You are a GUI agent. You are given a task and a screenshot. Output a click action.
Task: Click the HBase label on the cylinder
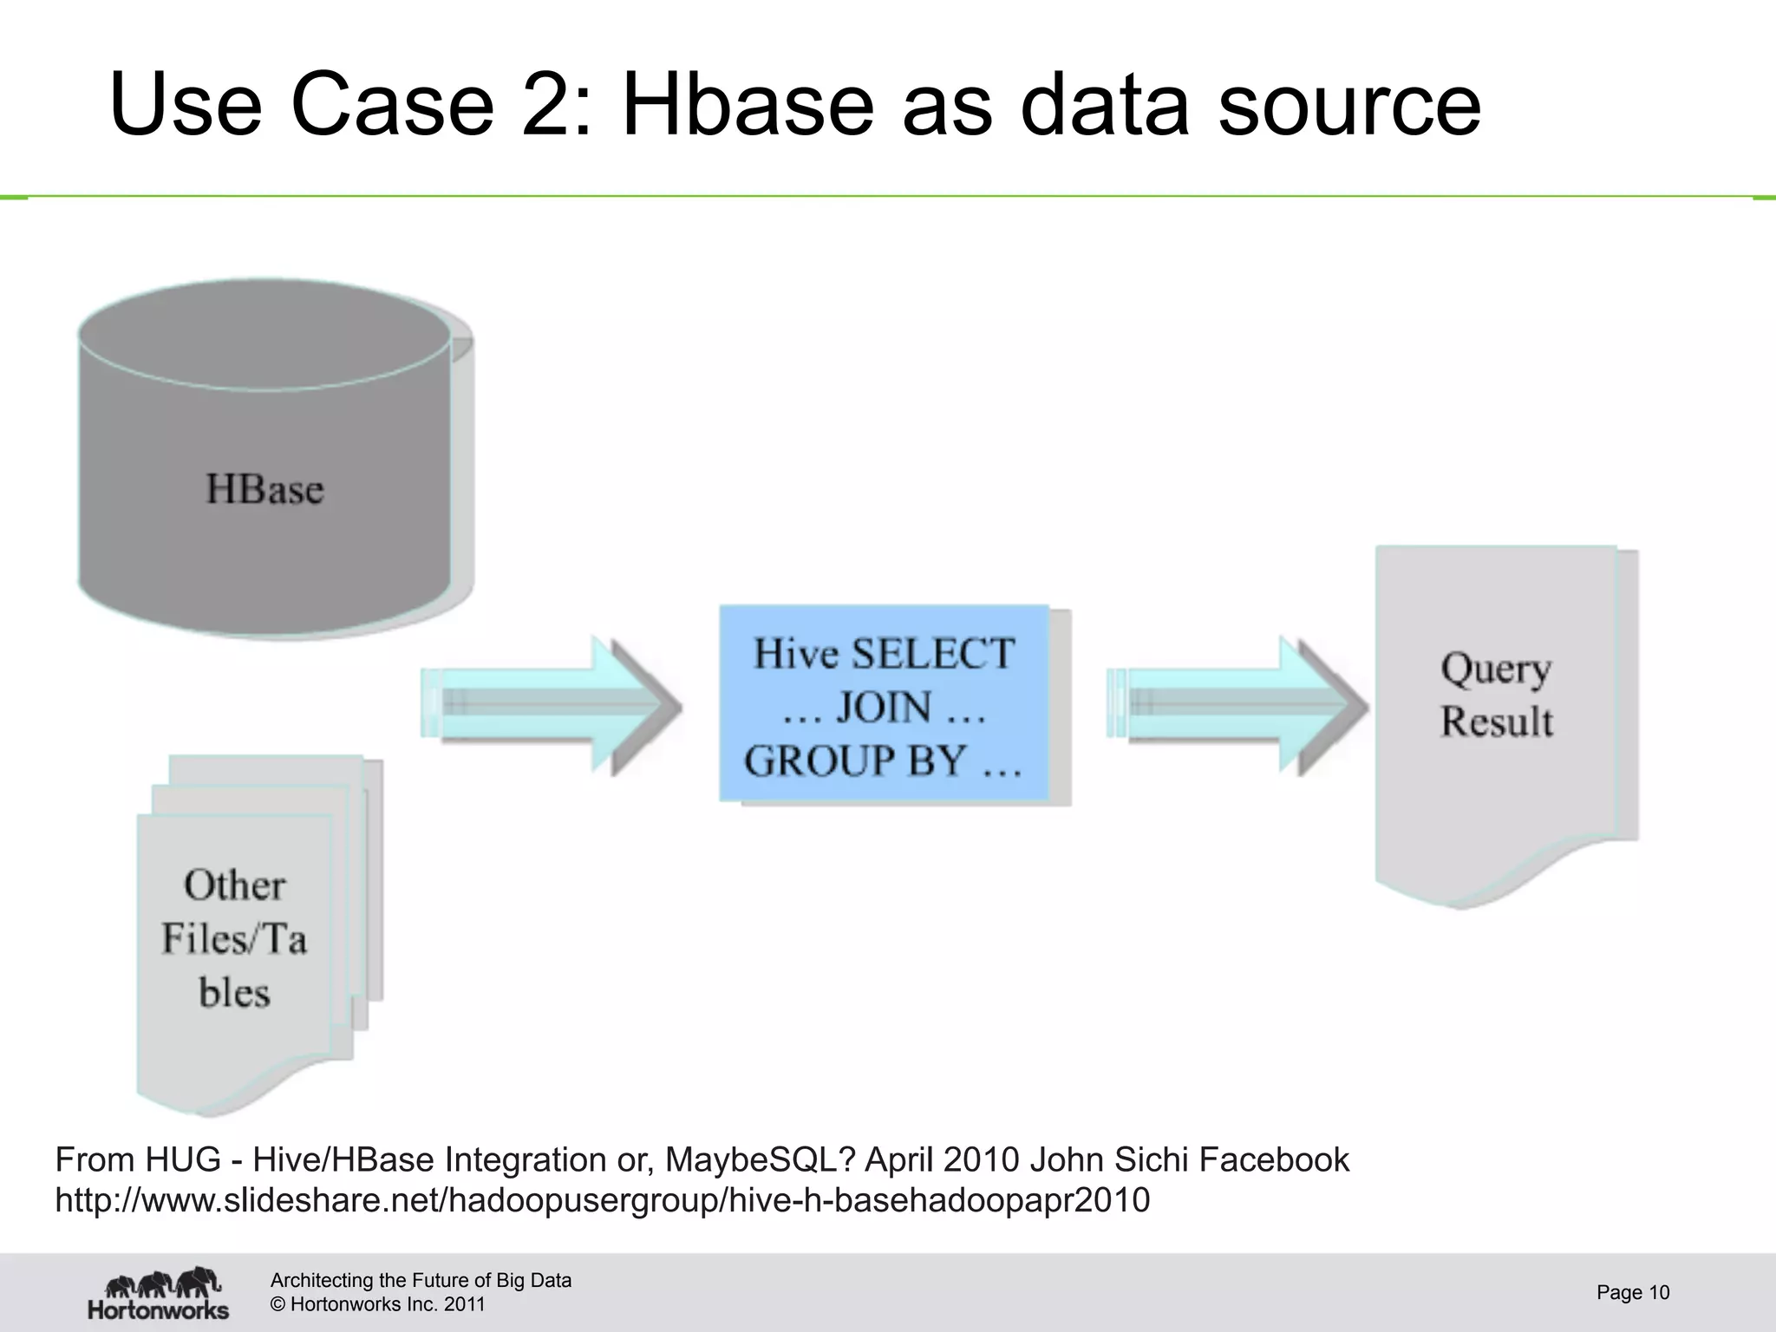[264, 489]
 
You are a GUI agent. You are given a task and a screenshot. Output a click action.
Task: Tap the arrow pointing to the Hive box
[555, 705]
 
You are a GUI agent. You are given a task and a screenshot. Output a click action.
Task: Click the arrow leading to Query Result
[1240, 705]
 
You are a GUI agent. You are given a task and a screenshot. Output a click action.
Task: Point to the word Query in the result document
[1496, 669]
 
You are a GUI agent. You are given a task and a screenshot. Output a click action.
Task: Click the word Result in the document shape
[1497, 722]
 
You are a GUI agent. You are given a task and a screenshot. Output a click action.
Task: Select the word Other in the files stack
[234, 885]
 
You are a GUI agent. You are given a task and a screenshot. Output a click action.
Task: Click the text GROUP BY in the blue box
[855, 761]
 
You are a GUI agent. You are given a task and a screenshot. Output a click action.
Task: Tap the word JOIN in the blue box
[884, 708]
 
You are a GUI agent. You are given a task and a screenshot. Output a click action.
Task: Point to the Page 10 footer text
[1633, 1293]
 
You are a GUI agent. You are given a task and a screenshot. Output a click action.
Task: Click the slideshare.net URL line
[602, 1200]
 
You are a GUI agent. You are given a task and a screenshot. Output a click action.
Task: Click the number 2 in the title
[546, 105]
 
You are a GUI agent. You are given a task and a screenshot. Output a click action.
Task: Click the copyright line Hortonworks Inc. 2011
[378, 1304]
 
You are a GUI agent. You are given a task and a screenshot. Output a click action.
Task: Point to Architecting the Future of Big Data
[421, 1280]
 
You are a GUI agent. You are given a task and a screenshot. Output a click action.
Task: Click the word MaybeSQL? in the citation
[761, 1159]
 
